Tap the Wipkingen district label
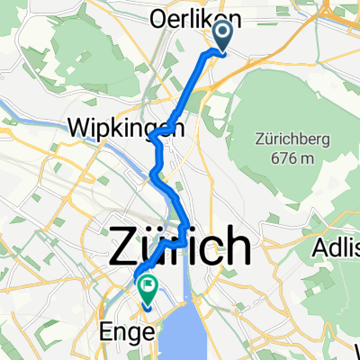(125, 128)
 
